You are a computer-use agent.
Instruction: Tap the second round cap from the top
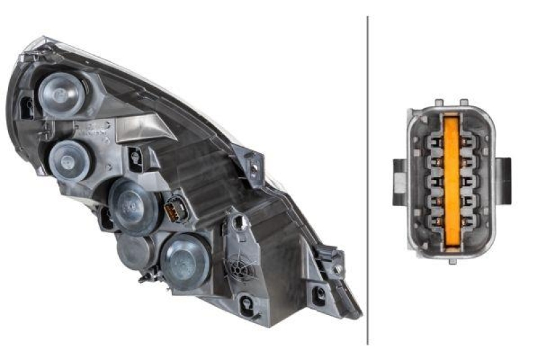click(x=70, y=159)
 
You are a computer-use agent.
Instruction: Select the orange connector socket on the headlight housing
click(x=173, y=209)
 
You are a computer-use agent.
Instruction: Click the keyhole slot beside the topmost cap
click(x=27, y=107)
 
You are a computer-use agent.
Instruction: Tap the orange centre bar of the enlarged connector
click(x=451, y=181)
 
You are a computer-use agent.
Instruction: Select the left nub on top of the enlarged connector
click(x=438, y=103)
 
